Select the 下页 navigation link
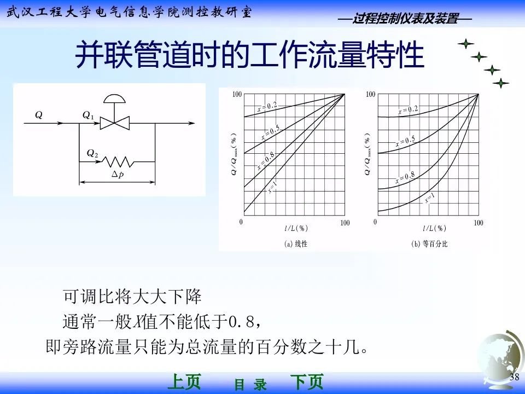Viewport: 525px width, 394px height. (306, 381)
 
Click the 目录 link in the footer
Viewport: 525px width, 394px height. (250, 385)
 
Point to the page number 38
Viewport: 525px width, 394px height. (514, 378)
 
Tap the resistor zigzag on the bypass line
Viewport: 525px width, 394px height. (120, 161)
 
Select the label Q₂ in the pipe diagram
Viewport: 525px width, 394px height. (92, 154)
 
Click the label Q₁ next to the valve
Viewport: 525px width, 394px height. (88, 116)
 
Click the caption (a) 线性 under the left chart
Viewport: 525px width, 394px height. (296, 244)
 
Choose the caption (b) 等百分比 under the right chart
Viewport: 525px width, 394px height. (429, 244)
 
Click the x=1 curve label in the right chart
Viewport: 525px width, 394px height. (430, 199)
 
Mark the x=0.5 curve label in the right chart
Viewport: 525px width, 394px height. (405, 142)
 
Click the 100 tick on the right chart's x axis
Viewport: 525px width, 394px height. (478, 223)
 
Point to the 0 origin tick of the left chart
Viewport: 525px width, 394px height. (241, 223)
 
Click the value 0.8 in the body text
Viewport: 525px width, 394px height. (240, 322)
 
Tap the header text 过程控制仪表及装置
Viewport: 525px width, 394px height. (405, 19)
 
